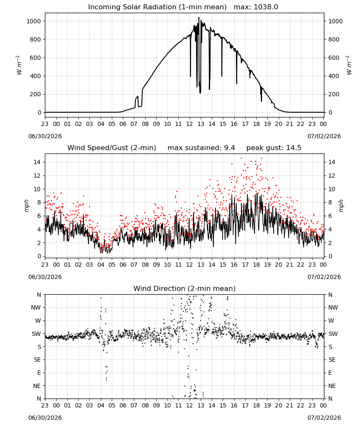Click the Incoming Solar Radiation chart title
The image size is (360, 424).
coord(157,7)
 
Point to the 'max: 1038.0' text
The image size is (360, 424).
coord(256,7)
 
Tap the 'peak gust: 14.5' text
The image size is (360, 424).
coord(274,148)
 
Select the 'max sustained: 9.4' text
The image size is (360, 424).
coord(201,148)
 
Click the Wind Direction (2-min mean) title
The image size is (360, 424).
coord(185,288)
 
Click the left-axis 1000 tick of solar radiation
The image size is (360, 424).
coord(34,21)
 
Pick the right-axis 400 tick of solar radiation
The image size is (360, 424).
coord(334,76)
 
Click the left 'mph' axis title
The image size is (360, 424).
coord(26,206)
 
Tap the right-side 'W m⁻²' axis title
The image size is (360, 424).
coord(349,65)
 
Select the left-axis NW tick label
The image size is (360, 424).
coord(36,307)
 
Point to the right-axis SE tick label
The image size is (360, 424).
coord(332,360)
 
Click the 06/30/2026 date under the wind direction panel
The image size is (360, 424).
coord(45,418)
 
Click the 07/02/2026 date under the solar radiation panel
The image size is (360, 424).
coord(324,136)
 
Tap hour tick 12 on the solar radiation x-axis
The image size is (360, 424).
coord(190,124)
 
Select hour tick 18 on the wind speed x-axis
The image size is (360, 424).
coord(256,265)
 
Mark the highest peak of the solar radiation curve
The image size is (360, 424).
coord(199,17)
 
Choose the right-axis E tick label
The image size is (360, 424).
coord(330,373)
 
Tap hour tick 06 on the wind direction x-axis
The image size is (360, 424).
coord(123,405)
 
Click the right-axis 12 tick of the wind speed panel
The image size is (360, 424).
coord(332,176)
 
